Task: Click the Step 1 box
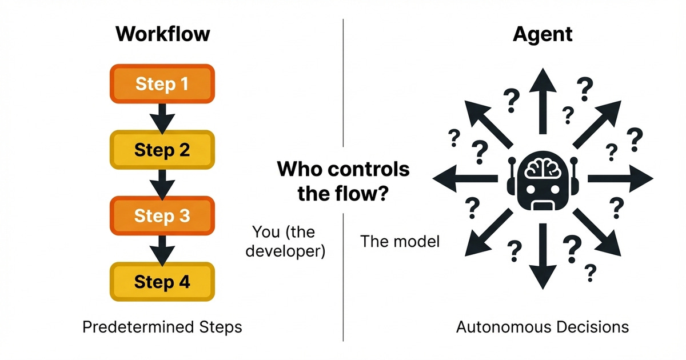pos(162,84)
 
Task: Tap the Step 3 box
pos(162,216)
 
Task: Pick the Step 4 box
pos(162,282)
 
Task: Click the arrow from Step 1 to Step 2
pos(162,117)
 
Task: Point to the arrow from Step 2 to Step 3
pos(162,183)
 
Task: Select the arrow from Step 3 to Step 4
pos(162,249)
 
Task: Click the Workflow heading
pos(162,34)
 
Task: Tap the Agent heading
pos(543,34)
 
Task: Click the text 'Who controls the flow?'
pos(343,181)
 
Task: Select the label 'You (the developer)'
pos(285,242)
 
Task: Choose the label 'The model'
pos(400,241)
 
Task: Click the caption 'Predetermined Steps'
pos(162,327)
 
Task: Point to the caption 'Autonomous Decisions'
pos(543,327)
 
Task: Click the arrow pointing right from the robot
pos(617,179)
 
